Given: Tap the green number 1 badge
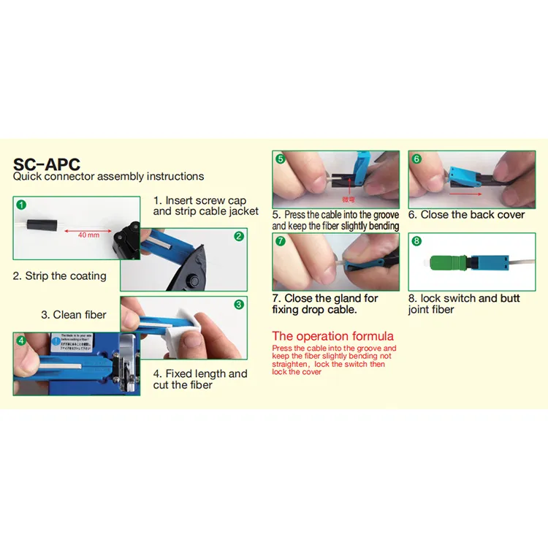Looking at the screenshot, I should click(x=21, y=205).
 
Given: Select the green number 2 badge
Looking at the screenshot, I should click(x=239, y=236).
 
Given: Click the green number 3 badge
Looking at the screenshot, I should click(x=239, y=304).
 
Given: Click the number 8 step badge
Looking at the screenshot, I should click(x=416, y=240).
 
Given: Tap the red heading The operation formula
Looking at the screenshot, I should click(x=332, y=336).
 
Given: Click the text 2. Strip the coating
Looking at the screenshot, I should click(x=59, y=276).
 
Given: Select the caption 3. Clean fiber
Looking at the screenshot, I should click(x=74, y=315).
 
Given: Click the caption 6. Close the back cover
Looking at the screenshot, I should click(x=466, y=215).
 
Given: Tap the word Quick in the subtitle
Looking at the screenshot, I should click(x=28, y=176).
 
